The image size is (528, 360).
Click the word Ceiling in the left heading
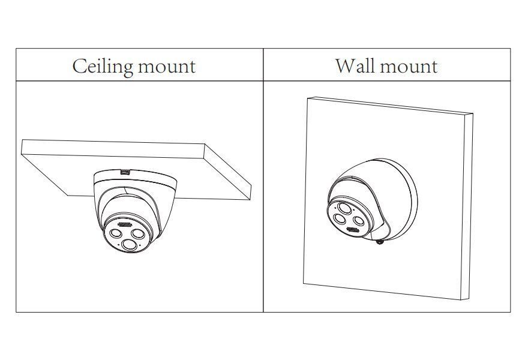[101, 66]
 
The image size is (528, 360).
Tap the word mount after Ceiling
[166, 67]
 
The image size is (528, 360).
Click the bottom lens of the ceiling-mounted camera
[130, 245]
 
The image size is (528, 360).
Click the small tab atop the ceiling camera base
[125, 172]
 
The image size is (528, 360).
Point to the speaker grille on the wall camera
[352, 230]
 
